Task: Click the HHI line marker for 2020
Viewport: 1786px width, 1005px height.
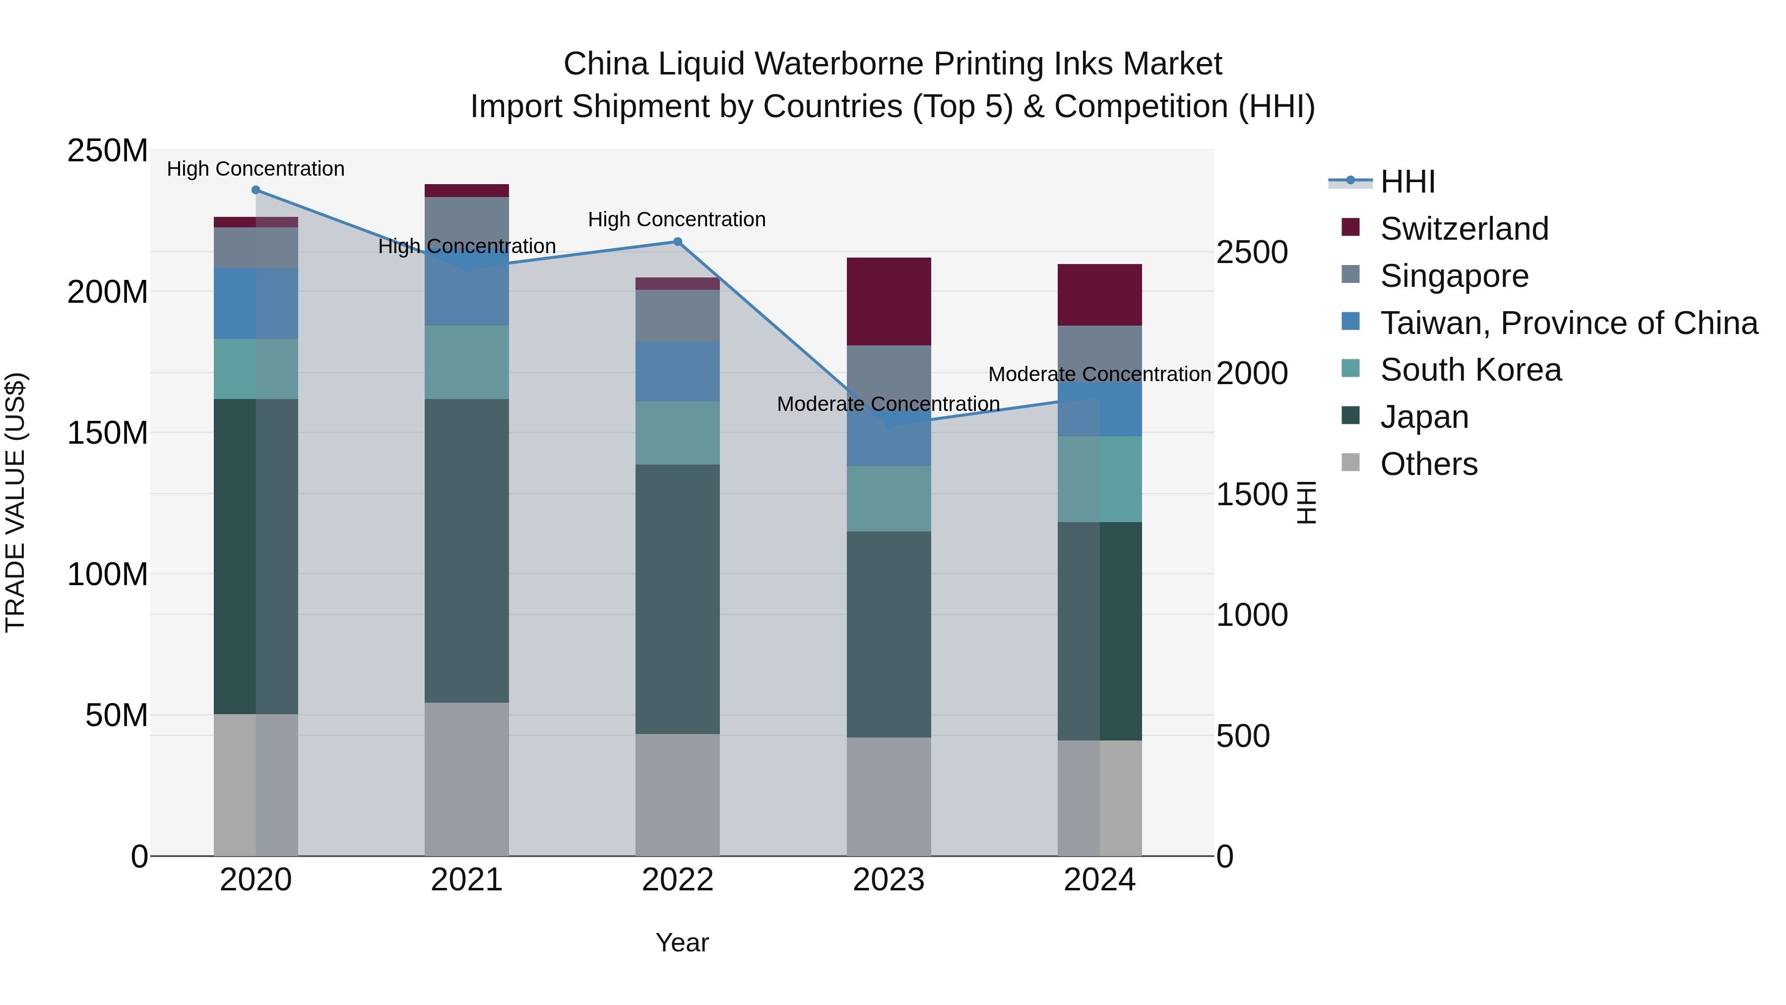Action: (256, 190)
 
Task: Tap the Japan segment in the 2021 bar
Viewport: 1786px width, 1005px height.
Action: (467, 551)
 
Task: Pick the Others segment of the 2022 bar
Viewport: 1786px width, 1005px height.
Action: (677, 795)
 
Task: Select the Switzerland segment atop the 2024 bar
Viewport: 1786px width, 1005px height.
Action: (1099, 295)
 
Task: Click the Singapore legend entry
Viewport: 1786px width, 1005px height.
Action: (1454, 276)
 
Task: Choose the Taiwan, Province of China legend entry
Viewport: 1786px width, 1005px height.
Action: (1568, 323)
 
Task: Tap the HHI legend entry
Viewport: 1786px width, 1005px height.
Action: (1407, 182)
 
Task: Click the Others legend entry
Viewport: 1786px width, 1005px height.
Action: (1428, 464)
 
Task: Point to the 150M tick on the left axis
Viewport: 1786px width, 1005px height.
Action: (108, 433)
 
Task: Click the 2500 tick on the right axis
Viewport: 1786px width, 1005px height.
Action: (1252, 253)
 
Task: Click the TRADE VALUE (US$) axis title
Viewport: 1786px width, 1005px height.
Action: (15, 502)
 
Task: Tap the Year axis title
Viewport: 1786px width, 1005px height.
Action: (682, 942)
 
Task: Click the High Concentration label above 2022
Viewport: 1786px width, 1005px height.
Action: (677, 220)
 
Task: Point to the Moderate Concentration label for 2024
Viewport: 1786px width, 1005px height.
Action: (1099, 375)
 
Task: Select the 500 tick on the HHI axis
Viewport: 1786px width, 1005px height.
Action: (1243, 736)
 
